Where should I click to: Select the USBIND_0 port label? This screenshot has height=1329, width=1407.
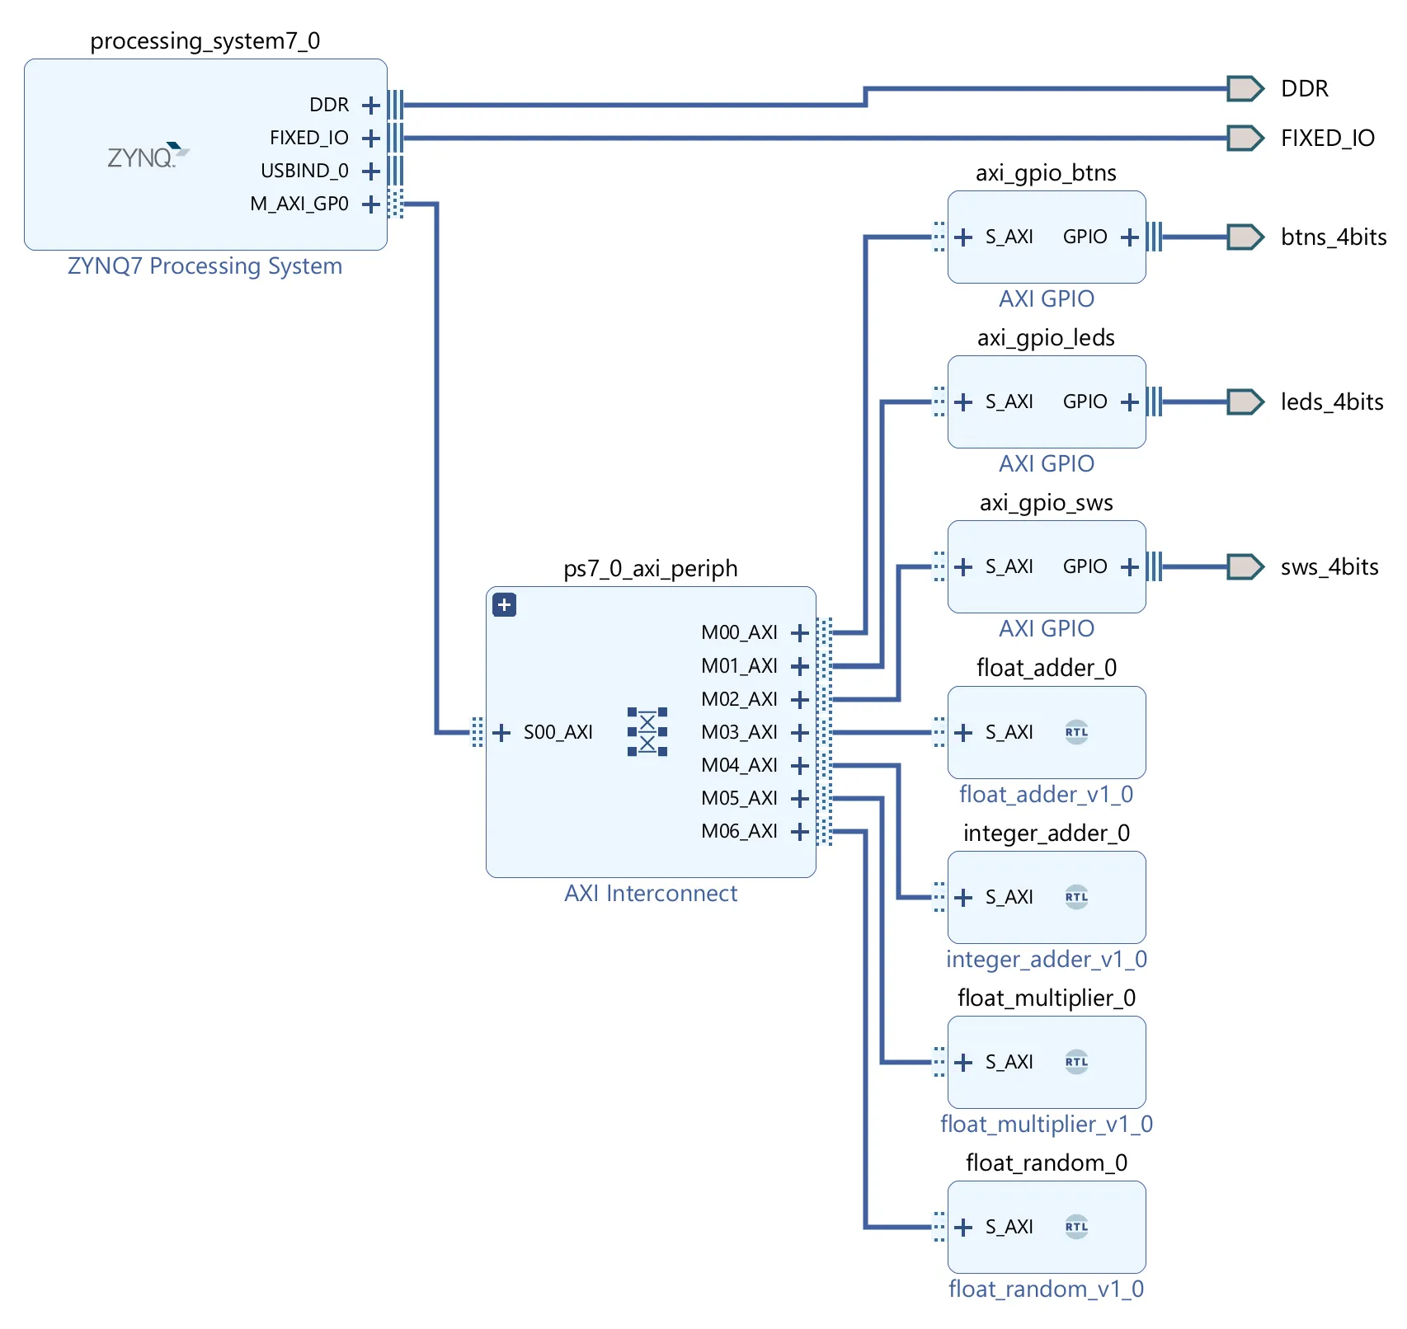304,171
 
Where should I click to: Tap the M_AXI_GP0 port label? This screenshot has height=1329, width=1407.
299,204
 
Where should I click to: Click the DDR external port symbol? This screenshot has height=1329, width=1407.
1245,88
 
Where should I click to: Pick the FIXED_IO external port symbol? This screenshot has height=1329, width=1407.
1245,138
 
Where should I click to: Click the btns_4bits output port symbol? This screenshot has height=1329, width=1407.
1245,237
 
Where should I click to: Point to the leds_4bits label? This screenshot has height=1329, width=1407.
1331,402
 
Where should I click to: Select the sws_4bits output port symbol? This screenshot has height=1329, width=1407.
1245,566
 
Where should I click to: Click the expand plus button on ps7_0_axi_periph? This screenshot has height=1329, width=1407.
504,605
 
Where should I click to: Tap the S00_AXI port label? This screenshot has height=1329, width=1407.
558,732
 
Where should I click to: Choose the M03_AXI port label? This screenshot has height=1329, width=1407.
739,732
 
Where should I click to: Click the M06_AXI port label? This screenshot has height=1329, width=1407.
739,831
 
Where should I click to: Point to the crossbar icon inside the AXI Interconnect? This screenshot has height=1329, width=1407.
647,731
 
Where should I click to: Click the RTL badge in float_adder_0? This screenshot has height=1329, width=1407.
1076,732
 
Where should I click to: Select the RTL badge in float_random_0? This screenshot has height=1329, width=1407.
1076,1227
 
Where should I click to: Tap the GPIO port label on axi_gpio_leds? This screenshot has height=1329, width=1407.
1085,402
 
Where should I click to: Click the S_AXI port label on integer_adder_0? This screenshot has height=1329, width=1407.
1009,897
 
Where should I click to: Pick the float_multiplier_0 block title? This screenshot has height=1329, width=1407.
1046,998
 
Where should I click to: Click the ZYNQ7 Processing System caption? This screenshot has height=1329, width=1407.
205,266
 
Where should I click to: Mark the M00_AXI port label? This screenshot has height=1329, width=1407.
739,632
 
